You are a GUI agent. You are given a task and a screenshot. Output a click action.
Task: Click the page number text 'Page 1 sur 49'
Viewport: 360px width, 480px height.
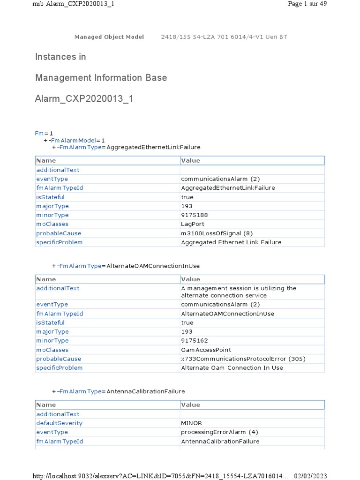pos(307,4)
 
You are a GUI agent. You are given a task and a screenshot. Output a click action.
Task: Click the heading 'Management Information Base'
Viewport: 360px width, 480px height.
pos(101,78)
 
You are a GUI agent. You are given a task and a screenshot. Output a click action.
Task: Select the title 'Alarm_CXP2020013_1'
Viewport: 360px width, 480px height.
pos(84,99)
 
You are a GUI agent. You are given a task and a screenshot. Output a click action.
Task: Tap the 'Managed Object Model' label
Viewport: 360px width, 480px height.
pos(109,37)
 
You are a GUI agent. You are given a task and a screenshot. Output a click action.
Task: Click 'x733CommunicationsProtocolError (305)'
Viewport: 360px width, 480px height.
pos(243,359)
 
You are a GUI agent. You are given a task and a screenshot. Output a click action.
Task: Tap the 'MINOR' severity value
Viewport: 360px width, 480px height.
pos(192,423)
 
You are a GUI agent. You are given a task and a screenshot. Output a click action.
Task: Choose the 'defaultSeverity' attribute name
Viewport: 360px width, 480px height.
pos(60,423)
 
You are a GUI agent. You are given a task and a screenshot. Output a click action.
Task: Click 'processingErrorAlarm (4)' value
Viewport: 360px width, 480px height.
pos(219,432)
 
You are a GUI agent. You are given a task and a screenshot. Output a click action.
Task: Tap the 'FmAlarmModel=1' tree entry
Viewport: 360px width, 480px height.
pos(78,141)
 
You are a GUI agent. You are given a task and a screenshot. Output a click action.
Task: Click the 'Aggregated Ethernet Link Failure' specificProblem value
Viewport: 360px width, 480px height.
pos(231,242)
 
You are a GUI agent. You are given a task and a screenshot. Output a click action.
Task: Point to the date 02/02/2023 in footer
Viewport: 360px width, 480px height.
pos(310,476)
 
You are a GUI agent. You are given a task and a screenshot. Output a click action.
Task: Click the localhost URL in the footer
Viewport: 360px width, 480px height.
pos(160,476)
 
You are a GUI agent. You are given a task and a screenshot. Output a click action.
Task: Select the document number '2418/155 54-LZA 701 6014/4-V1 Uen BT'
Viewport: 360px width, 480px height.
pos(224,37)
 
